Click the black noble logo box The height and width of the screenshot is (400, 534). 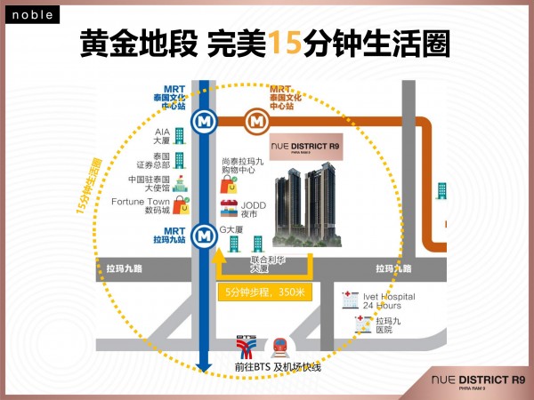click(x=32, y=14)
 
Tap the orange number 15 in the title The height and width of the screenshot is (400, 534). click(x=285, y=43)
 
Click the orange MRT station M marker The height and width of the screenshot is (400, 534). click(x=257, y=122)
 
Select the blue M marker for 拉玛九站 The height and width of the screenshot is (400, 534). click(x=204, y=236)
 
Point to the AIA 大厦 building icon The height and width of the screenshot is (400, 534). click(x=180, y=136)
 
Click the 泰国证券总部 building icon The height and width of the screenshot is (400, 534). click(x=180, y=161)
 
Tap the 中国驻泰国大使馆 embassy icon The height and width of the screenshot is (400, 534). click(x=180, y=184)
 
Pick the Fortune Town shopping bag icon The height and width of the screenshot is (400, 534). click(x=182, y=205)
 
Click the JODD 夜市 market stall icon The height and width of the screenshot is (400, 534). click(x=229, y=208)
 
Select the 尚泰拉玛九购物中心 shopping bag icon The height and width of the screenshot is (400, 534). click(x=229, y=184)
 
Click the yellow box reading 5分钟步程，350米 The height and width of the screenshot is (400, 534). click(x=265, y=292)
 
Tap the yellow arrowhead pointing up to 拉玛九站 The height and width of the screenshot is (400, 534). click(x=219, y=255)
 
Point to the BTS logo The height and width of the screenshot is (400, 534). click(x=247, y=348)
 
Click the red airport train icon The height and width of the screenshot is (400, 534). click(x=280, y=348)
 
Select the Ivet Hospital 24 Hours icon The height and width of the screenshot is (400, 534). click(x=351, y=300)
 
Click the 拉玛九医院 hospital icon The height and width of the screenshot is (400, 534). click(x=363, y=324)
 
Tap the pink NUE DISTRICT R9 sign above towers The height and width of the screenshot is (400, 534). click(x=306, y=147)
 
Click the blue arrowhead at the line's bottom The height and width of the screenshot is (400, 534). click(x=204, y=367)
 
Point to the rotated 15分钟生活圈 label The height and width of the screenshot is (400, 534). click(x=89, y=187)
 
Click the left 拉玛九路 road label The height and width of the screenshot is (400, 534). click(x=125, y=268)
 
